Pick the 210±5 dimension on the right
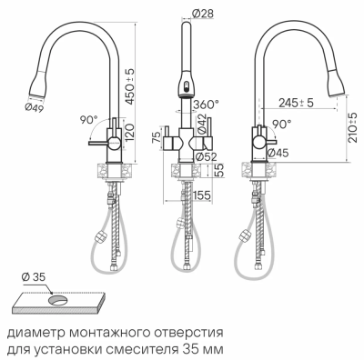[353, 133]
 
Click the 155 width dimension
[202, 195]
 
